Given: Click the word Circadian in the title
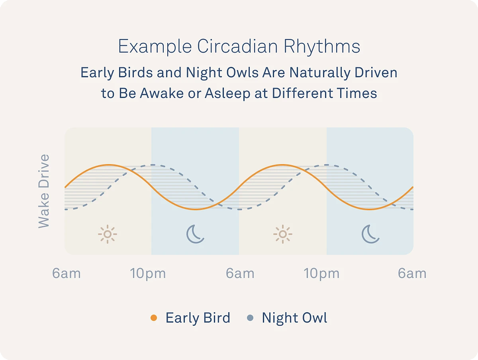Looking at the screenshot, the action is point(237,46).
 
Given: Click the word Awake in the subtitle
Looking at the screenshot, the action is point(162,93).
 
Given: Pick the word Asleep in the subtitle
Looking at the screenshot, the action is point(227,94).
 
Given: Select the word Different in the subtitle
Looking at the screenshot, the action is point(302,93).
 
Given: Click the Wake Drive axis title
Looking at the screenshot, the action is point(44,191).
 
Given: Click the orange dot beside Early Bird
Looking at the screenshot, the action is point(154,318).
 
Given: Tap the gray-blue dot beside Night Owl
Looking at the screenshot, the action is point(251,318).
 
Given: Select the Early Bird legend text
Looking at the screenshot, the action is point(198,318).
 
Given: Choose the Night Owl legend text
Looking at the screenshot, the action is point(294,318).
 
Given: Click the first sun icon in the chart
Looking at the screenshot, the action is point(108,234).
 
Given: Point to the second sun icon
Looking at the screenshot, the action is point(283,234).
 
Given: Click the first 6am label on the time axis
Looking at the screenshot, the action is point(67,273).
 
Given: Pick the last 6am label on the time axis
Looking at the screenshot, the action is point(412,273).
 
